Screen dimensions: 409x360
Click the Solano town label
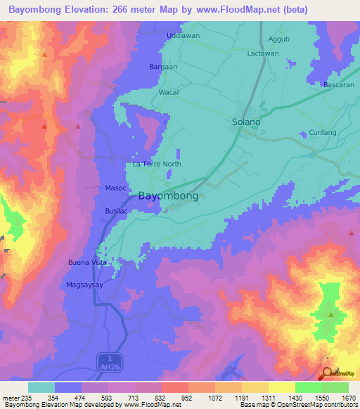pyautogui.click(x=246, y=122)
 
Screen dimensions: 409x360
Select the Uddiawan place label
pyautogui.click(x=184, y=35)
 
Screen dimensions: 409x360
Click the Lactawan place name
pyautogui.click(x=264, y=53)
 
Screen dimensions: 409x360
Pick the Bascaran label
pyautogui.click(x=337, y=85)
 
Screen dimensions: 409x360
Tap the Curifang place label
pyautogui.click(x=323, y=133)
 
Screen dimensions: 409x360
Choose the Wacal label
pyautogui.click(x=169, y=92)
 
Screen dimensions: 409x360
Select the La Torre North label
pyautogui.click(x=157, y=164)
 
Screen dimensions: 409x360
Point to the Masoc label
pyautogui.click(x=115, y=188)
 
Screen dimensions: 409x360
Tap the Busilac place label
pyautogui.click(x=117, y=210)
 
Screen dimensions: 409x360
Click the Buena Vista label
pyautogui.click(x=87, y=262)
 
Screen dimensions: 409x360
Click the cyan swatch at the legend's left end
pyautogui.click(x=41, y=387)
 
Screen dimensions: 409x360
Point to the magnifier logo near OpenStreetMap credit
pyautogui.click(x=327, y=373)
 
